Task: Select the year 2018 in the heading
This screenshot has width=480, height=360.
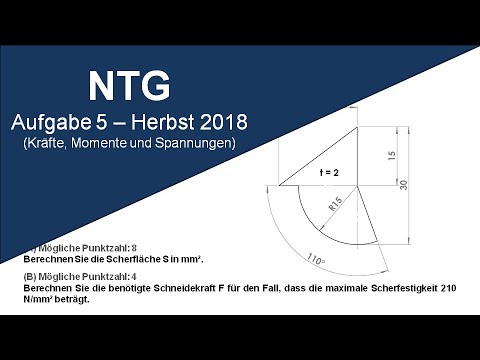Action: (x=218, y=123)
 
